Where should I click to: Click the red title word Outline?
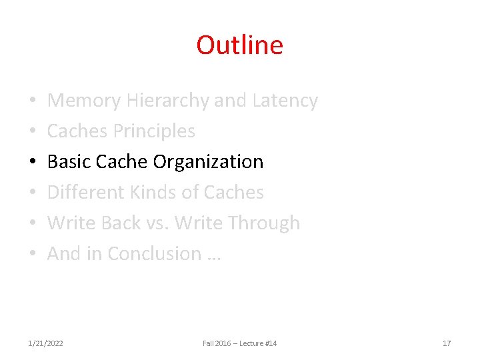(239, 45)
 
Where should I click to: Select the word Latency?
(285, 101)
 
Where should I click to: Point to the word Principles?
(154, 131)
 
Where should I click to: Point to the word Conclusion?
(154, 254)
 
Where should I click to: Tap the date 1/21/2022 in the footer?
(46, 343)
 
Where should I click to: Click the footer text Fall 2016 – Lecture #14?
(239, 343)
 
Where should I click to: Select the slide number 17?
(447, 343)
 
